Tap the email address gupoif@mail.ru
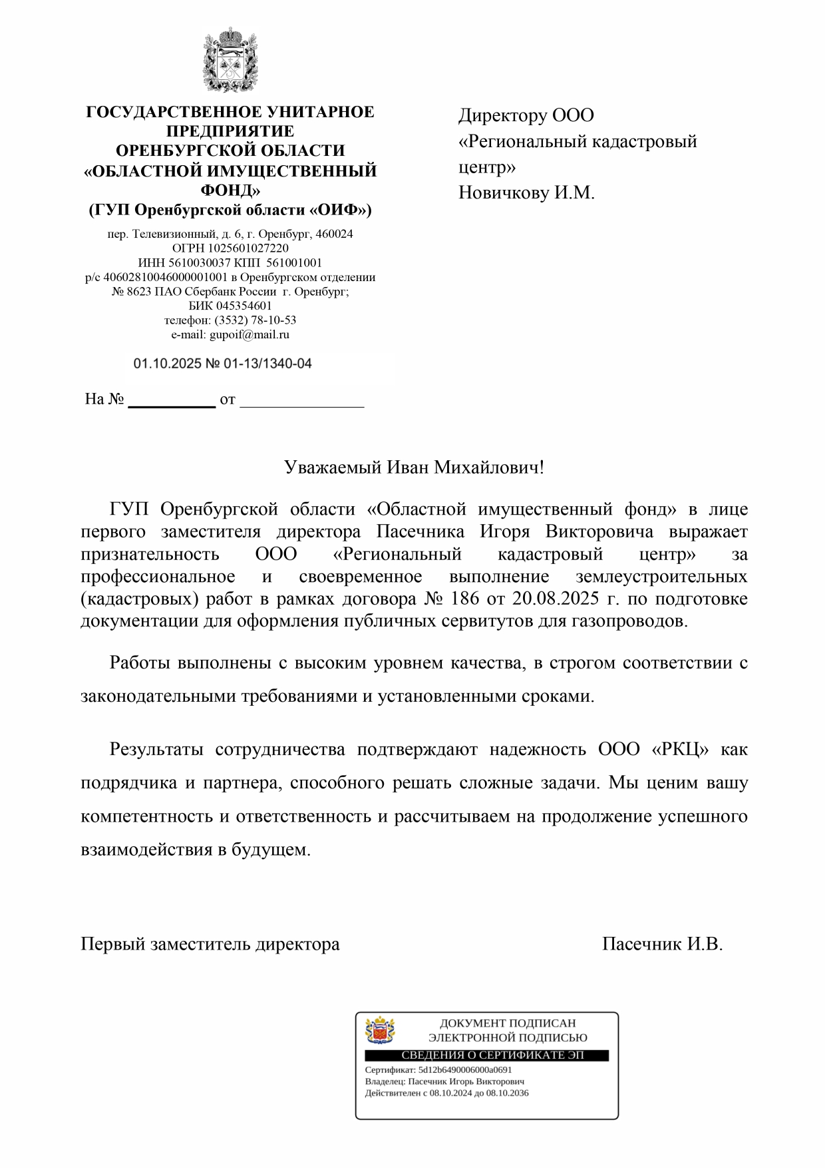(249, 335)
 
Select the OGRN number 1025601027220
(249, 248)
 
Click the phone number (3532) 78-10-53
(255, 320)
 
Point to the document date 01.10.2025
(162, 364)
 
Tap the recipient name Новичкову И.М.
(526, 193)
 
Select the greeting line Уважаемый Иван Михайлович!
(413, 467)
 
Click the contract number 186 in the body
(464, 599)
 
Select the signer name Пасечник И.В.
(662, 944)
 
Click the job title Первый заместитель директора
(210, 944)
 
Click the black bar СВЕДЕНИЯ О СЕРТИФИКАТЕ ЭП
(486, 1056)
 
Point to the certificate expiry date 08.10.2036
(508, 1093)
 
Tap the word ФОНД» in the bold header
(230, 190)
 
